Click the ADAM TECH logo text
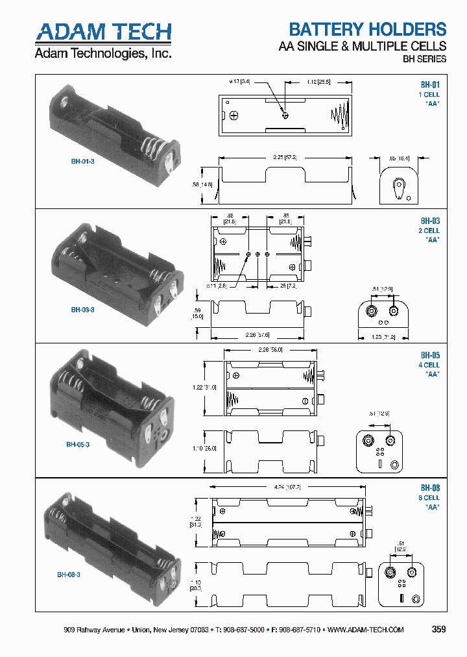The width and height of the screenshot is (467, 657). (x=104, y=31)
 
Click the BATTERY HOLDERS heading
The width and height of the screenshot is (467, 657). (x=367, y=29)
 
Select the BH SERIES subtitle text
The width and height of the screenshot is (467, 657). (x=425, y=59)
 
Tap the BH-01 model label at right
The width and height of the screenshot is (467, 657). (x=430, y=84)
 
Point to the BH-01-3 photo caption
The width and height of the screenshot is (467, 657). (x=82, y=161)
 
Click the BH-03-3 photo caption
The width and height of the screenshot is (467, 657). (x=82, y=310)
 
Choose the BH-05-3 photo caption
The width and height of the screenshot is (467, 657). (x=78, y=445)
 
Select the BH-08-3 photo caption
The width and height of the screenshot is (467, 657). (x=68, y=574)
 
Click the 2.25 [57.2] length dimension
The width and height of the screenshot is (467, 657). (x=285, y=157)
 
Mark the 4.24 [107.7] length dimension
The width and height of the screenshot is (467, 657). (x=287, y=486)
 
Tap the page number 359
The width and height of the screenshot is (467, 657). (x=438, y=629)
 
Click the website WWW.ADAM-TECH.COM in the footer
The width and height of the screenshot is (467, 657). (x=366, y=630)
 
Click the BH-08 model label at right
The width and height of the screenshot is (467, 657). (x=430, y=488)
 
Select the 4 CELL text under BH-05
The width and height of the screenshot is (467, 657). (x=429, y=365)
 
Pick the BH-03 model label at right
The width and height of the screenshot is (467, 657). (x=430, y=221)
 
